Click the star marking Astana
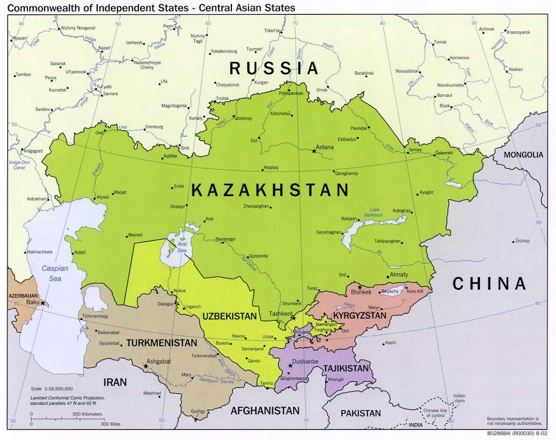(314, 151)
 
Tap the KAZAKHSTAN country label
(270, 190)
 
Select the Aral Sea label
(182, 248)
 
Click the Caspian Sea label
(55, 273)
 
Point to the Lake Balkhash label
(374, 212)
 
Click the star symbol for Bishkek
(360, 287)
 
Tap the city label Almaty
(399, 275)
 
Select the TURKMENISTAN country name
(162, 343)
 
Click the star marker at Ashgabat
(146, 366)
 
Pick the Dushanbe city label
(305, 361)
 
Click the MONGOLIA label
(523, 155)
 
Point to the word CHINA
(489, 284)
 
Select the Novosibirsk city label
(407, 71)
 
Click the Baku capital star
(43, 302)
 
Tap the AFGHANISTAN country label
(265, 410)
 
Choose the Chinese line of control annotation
(435, 413)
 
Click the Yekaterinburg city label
(224, 51)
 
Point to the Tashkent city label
(281, 314)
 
